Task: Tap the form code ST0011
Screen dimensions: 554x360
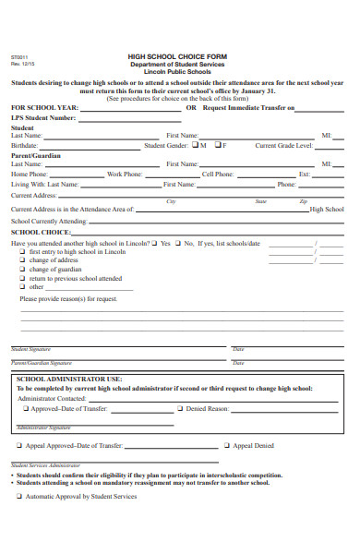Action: [x=18, y=57]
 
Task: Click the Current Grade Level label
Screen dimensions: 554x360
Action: [x=282, y=146]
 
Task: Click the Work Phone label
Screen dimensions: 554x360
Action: [x=125, y=174]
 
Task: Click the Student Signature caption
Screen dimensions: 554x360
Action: [x=31, y=349]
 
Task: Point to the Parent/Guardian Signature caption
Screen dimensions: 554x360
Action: [x=41, y=364]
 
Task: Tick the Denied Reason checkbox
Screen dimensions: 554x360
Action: [x=179, y=407]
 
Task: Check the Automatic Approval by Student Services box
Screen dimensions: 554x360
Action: [x=19, y=496]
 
